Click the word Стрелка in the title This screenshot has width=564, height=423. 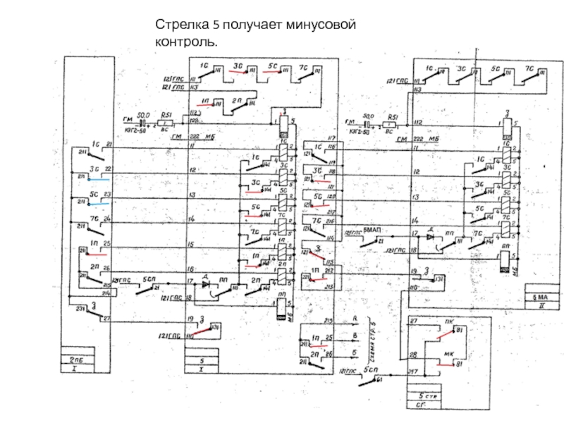[178, 25]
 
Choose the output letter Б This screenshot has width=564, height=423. [355, 350]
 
